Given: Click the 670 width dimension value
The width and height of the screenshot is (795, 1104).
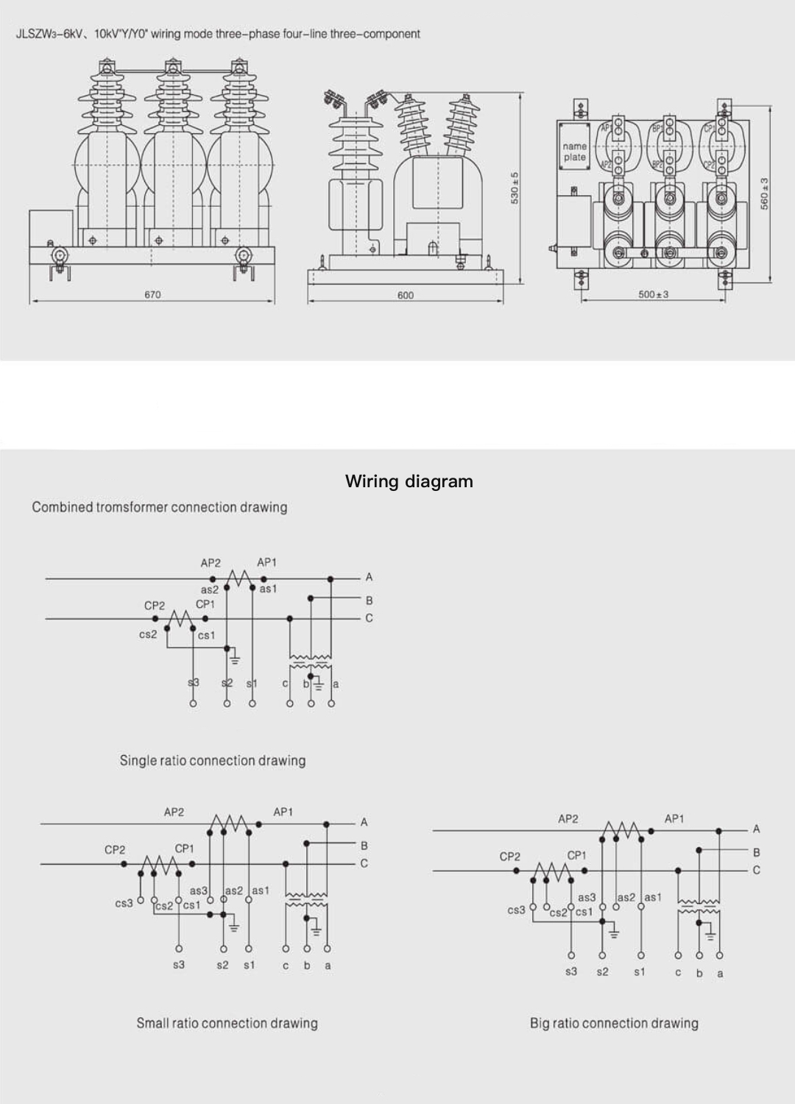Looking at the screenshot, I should [x=152, y=294].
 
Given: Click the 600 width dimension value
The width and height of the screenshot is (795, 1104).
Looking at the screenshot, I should [x=406, y=295].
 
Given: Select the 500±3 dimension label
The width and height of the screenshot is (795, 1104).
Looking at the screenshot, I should [x=653, y=294].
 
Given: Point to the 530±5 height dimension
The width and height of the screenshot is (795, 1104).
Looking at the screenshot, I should [x=515, y=188].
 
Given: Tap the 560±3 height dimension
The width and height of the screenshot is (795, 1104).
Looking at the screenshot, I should [x=764, y=192].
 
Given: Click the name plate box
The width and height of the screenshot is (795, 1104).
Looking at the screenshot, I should [x=575, y=152].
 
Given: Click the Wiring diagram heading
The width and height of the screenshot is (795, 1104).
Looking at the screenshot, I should [x=409, y=481].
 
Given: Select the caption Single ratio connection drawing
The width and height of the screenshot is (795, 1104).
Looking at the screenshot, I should [x=213, y=760].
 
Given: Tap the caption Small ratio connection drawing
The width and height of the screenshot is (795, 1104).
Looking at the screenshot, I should [x=227, y=1023].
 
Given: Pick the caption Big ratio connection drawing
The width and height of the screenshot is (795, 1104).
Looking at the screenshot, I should [x=614, y=1023].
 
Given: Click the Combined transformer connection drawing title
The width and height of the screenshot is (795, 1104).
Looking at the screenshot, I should [x=160, y=507].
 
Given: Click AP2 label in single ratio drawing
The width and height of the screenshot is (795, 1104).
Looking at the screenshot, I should [x=211, y=563].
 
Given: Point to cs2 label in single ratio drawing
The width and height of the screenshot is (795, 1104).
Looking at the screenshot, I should [x=148, y=634].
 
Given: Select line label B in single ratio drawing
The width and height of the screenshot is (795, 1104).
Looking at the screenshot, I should [x=369, y=601].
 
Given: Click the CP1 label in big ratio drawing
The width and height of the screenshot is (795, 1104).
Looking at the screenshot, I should [x=577, y=855].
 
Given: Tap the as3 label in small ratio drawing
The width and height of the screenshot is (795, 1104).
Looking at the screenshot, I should [x=199, y=891].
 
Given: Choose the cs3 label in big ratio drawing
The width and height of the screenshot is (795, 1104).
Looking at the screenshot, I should [x=517, y=910].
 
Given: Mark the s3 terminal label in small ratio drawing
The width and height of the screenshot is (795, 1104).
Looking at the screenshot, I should [x=179, y=965].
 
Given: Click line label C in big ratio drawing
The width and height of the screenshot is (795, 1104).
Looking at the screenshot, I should [x=756, y=870].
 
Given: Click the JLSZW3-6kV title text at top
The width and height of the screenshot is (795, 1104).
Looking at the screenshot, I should [x=218, y=34].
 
